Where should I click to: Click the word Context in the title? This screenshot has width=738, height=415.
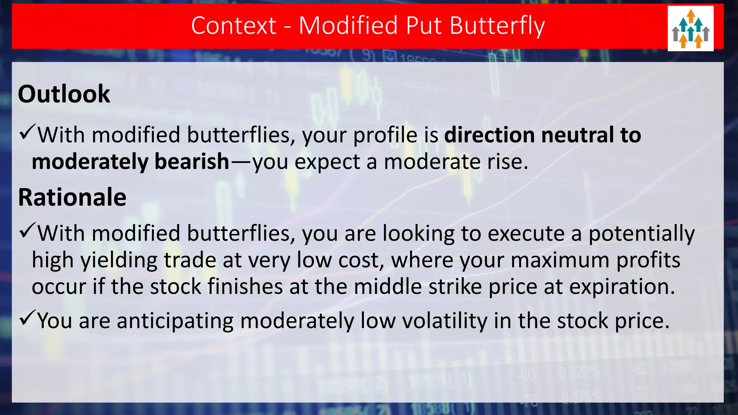tap(234, 26)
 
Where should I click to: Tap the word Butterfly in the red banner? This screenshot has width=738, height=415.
tap(497, 26)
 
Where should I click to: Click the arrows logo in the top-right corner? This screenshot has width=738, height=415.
tap(690, 28)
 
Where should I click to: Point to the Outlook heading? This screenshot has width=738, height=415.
tap(64, 94)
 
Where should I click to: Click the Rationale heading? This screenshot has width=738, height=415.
tap(72, 197)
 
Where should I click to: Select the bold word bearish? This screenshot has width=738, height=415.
tap(192, 161)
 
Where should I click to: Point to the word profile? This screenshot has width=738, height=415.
tap(385, 135)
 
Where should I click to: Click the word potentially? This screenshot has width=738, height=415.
tap(641, 233)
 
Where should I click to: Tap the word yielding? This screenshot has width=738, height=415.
tap(119, 260)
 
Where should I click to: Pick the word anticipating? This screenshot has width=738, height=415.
tap(175, 321)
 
